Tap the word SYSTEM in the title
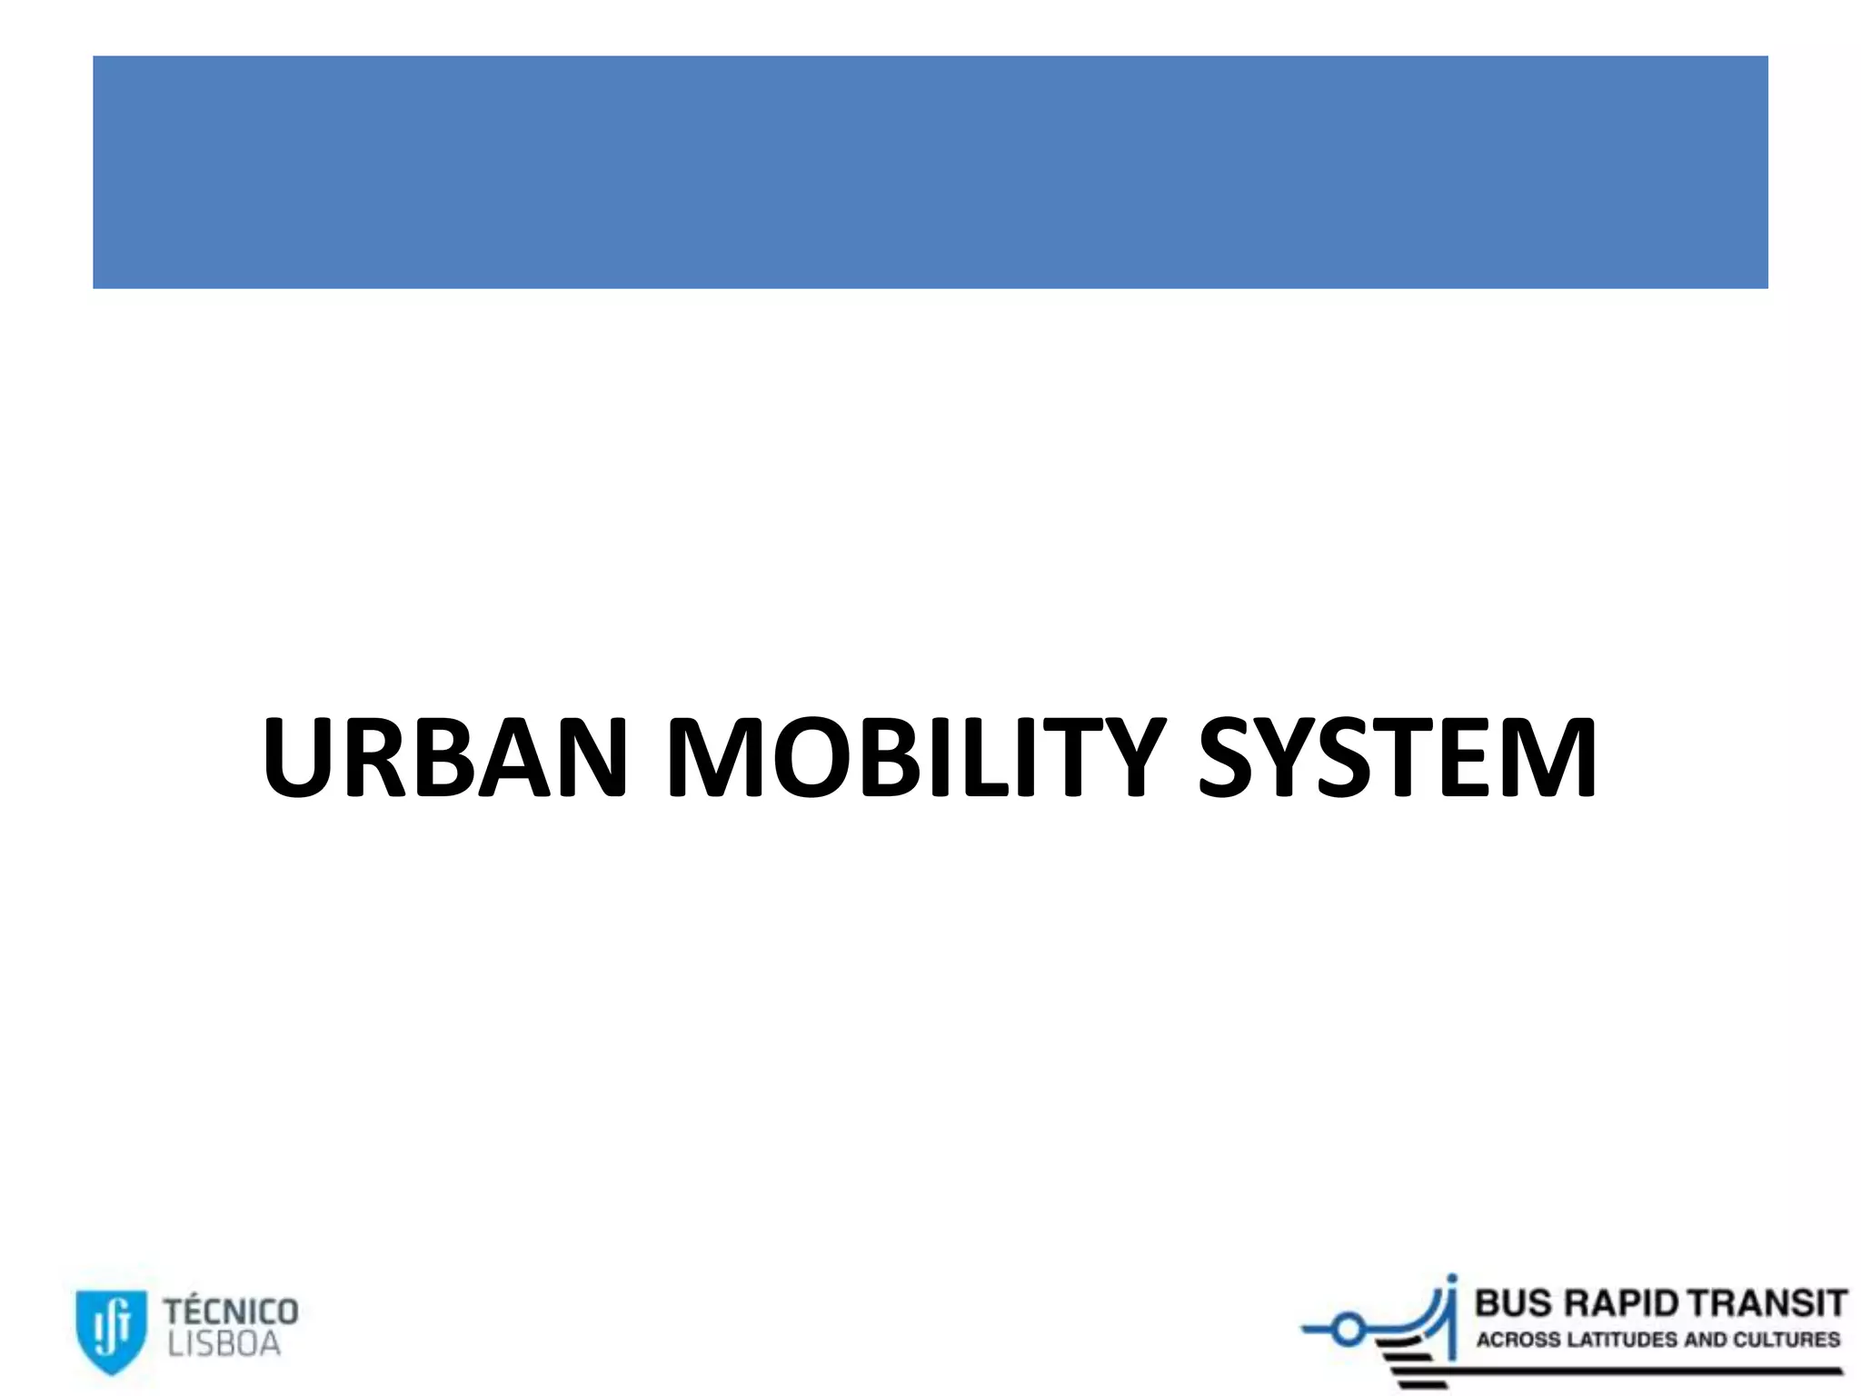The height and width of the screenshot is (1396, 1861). tap(1398, 758)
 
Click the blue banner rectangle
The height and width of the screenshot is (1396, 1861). tap(930, 172)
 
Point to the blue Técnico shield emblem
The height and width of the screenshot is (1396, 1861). tap(110, 1331)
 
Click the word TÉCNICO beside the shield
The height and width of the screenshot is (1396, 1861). tap(231, 1311)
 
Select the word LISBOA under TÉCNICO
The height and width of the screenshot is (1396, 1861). tap(224, 1344)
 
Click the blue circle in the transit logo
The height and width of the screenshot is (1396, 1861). tap(1348, 1331)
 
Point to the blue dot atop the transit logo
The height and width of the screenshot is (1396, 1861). tap(1452, 1278)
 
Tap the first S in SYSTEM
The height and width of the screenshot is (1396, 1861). tap(1232, 758)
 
